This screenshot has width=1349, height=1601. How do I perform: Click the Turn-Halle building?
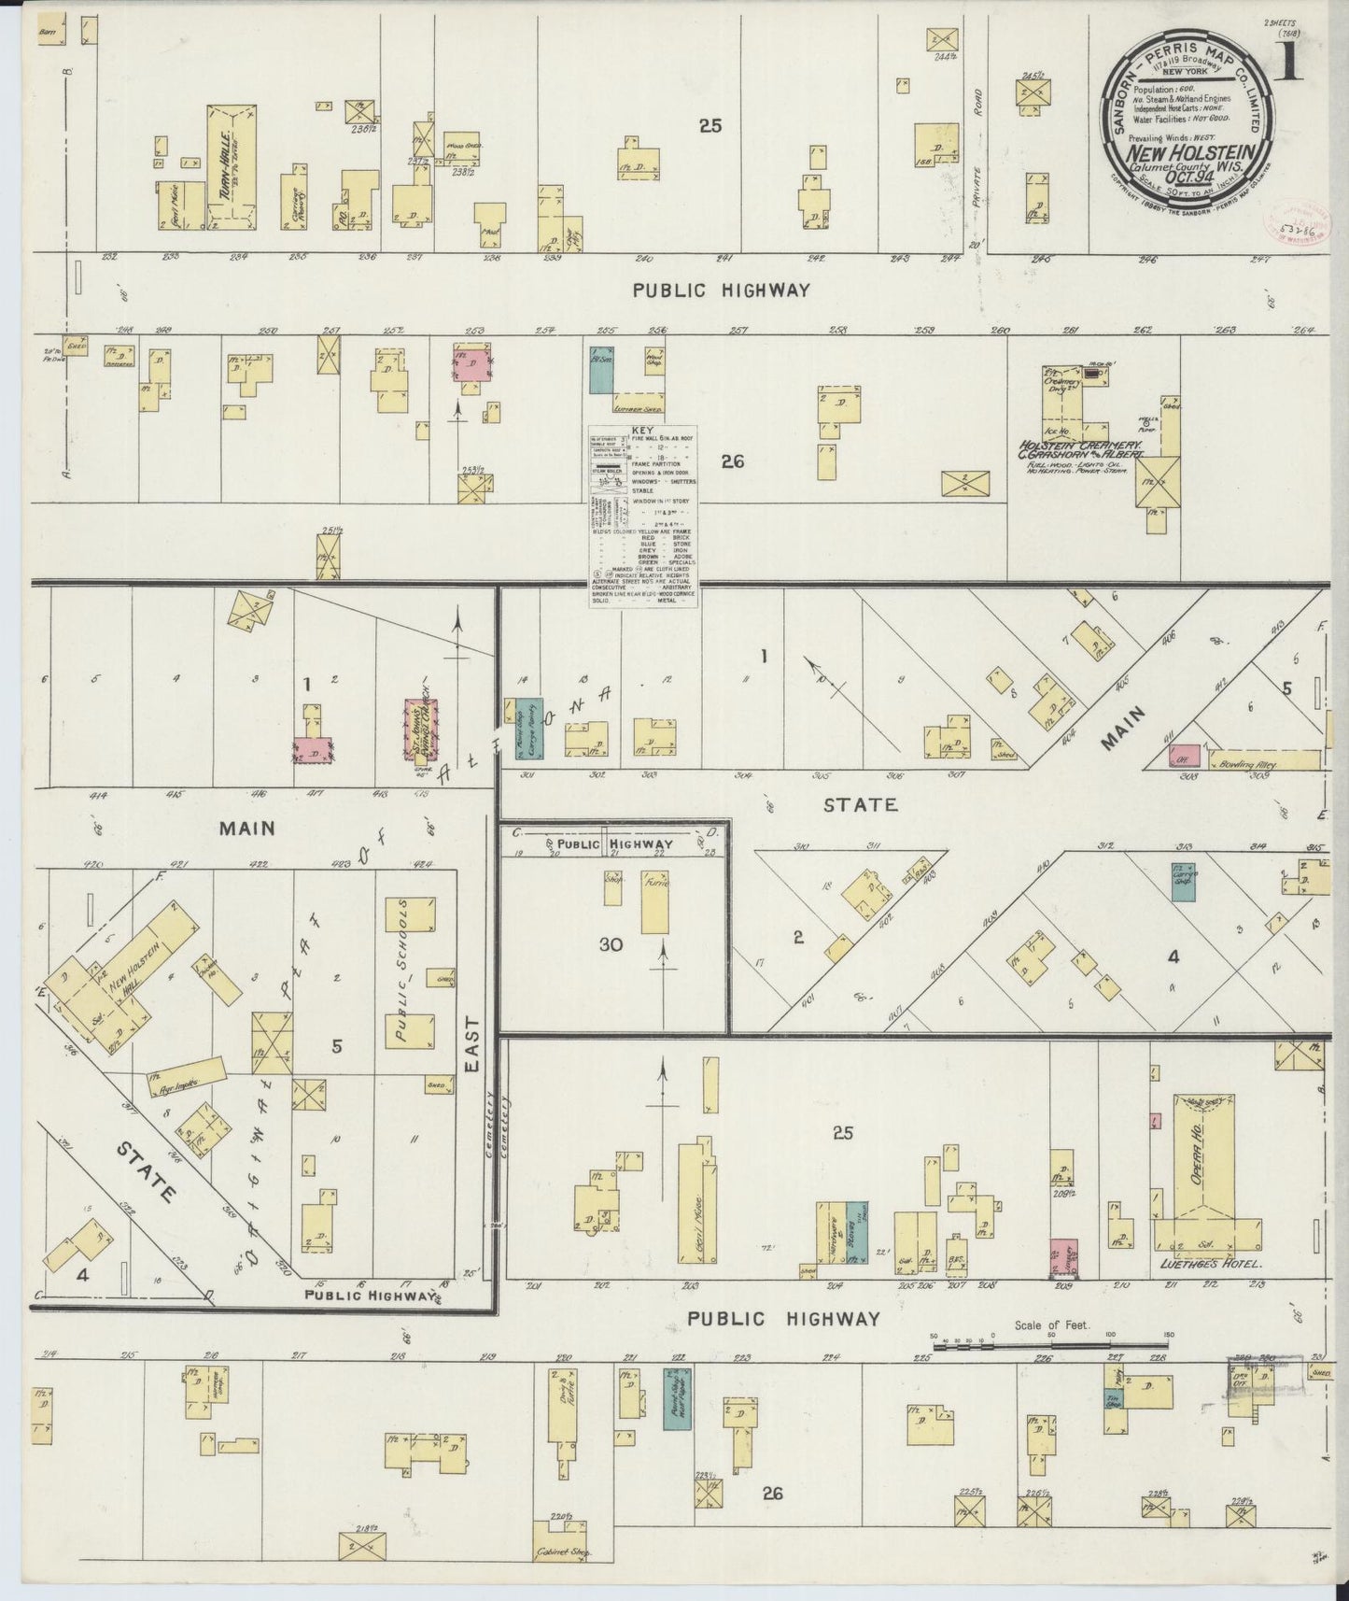(x=231, y=167)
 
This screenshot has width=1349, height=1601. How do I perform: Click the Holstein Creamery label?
(x=1073, y=446)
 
